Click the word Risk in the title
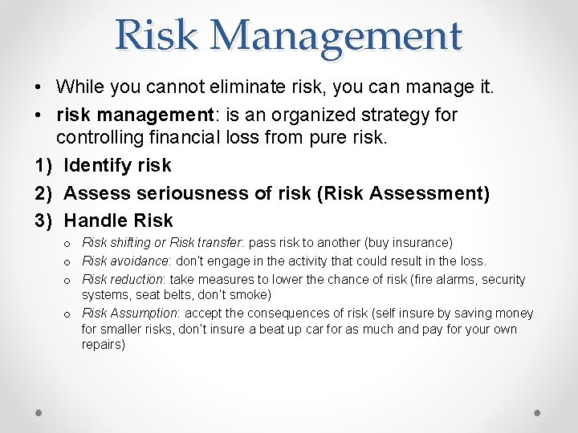(155, 35)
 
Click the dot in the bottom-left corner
(39, 412)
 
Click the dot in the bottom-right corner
(538, 412)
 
